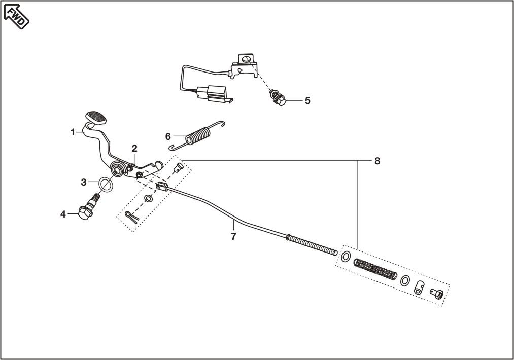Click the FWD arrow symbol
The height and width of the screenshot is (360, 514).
coord(16,17)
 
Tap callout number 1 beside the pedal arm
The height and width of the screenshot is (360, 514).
coord(73,132)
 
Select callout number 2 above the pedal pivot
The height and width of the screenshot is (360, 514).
coord(134,149)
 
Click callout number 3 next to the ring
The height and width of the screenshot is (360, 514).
coord(84,182)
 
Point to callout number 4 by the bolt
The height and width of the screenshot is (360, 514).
coord(63,214)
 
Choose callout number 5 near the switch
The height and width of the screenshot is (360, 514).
coord(307,100)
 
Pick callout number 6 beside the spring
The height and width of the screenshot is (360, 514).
coord(168,136)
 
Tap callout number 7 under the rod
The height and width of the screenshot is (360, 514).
coord(233,236)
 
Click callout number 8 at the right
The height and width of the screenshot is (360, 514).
coord(378,161)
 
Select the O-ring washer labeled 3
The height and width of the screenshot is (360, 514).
coord(106,185)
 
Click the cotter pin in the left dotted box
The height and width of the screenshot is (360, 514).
coord(132,217)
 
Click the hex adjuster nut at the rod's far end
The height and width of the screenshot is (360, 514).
coord(437,294)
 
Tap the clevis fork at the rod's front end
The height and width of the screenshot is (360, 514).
coord(162,187)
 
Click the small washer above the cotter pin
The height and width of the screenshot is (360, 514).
coord(148,198)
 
